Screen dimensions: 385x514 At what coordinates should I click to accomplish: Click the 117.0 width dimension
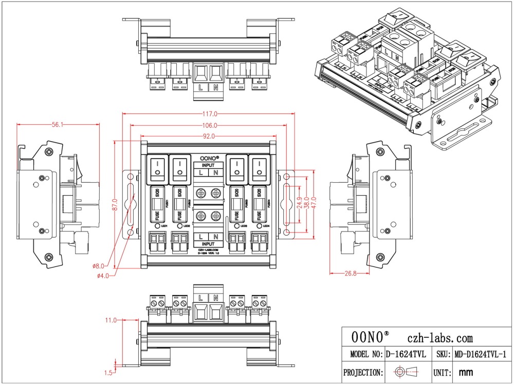[x=209, y=113]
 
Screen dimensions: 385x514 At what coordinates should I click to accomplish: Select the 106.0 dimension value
[x=209, y=125]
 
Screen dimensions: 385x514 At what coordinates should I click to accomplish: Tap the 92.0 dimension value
[x=209, y=137]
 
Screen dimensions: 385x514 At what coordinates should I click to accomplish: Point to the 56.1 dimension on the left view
[x=58, y=125]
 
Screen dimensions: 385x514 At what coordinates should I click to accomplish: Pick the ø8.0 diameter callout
[x=98, y=265]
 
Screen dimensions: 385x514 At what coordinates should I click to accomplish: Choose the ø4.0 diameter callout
[x=103, y=276]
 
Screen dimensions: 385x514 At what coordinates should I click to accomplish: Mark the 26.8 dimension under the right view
[x=350, y=274]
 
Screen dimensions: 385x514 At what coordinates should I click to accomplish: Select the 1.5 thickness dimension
[x=108, y=372]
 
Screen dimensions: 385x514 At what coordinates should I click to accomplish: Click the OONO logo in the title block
[x=370, y=337]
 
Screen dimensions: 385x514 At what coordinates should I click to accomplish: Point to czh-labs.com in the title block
[x=440, y=337]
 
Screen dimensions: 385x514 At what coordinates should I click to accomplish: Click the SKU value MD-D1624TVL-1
[x=481, y=354]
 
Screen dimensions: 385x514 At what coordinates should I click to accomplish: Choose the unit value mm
[x=465, y=372]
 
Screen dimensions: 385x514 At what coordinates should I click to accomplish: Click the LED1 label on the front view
[x=164, y=226]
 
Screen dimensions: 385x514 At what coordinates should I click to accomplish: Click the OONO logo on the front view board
[x=209, y=158]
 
